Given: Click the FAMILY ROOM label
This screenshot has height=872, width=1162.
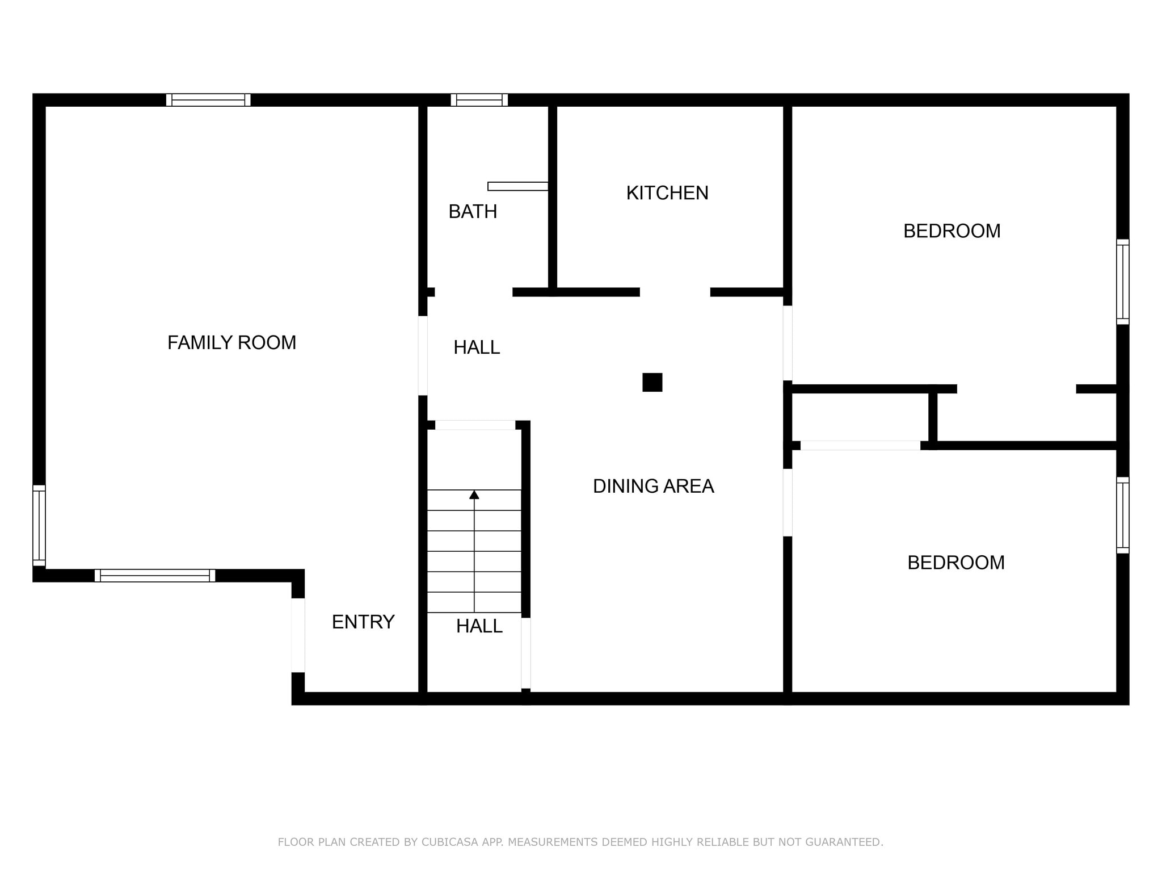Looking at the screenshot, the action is pyautogui.click(x=231, y=343).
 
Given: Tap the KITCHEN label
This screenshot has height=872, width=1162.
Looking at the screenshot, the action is pyautogui.click(x=667, y=193).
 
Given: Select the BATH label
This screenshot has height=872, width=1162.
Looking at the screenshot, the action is pyautogui.click(x=473, y=212).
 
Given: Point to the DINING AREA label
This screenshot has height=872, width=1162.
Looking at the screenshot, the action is pyautogui.click(x=653, y=486).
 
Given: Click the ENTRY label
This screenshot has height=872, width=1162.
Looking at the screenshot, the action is pyautogui.click(x=363, y=622).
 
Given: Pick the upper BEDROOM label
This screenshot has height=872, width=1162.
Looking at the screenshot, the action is pyautogui.click(x=952, y=231).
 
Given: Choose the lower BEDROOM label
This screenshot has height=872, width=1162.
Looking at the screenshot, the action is pyautogui.click(x=956, y=563).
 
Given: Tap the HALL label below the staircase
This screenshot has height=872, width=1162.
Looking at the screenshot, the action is pyautogui.click(x=479, y=626).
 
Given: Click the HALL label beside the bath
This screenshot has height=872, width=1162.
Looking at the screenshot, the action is pyautogui.click(x=477, y=347).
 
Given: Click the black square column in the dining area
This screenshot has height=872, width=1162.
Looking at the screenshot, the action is pyautogui.click(x=652, y=383).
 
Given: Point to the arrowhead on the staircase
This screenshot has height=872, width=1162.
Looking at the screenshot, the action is pyautogui.click(x=474, y=494).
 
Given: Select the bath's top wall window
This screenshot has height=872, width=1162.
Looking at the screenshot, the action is pyautogui.click(x=479, y=100).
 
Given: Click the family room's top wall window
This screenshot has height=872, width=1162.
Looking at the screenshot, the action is pyautogui.click(x=208, y=100).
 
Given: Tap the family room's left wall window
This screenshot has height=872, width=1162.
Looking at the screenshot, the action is pyautogui.click(x=39, y=526).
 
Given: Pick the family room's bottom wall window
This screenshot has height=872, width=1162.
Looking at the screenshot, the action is pyautogui.click(x=155, y=576).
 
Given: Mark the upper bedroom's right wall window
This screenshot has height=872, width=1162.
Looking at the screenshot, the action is pyautogui.click(x=1123, y=282).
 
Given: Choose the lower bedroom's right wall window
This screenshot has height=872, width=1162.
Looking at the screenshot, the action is pyautogui.click(x=1123, y=515).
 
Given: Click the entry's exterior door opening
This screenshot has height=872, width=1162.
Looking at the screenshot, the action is pyautogui.click(x=298, y=635).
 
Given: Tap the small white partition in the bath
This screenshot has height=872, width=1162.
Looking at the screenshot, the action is pyautogui.click(x=518, y=186).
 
